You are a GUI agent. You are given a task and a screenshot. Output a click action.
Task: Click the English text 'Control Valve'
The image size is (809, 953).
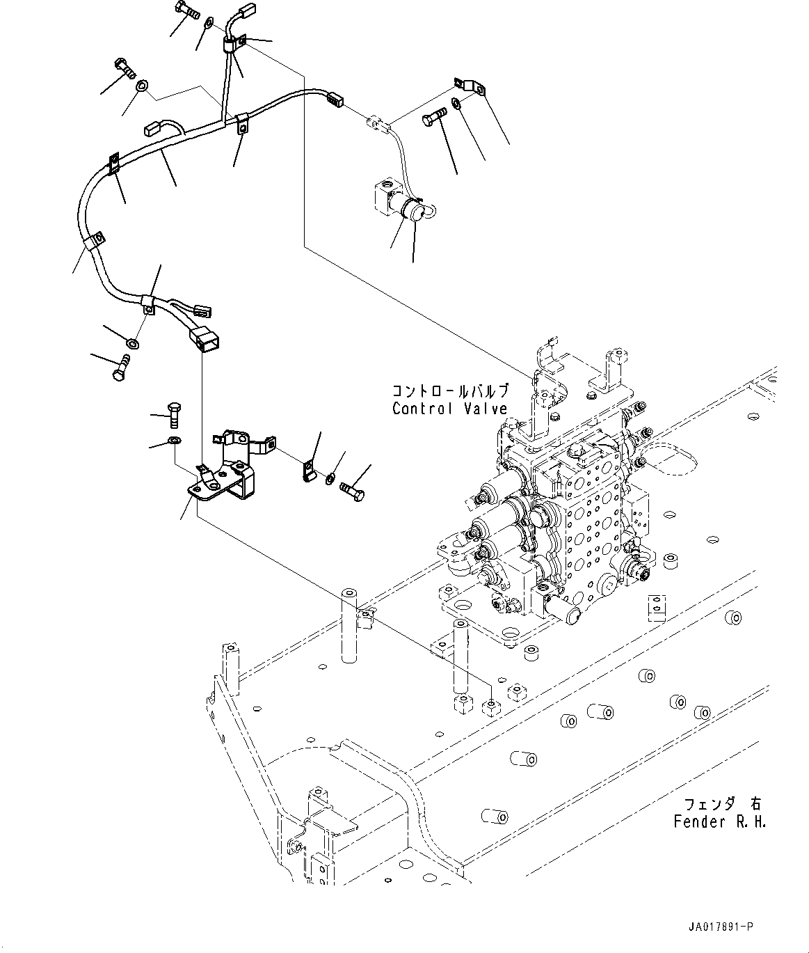449,409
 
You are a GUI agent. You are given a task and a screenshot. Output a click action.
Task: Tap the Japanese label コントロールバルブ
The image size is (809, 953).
450,391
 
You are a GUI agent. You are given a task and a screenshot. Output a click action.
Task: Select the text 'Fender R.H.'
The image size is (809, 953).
719,821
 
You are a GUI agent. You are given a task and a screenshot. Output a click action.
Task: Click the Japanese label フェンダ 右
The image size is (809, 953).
723,805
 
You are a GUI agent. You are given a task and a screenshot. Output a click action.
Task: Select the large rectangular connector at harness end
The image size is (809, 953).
203,340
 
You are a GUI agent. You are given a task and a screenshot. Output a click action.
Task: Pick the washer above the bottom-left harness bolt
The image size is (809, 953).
132,342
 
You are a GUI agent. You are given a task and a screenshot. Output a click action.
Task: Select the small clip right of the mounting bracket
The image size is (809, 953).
310,470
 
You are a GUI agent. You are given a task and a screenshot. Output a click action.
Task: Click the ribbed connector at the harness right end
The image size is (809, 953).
335,100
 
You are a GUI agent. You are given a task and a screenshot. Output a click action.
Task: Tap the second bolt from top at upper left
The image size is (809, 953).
126,69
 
